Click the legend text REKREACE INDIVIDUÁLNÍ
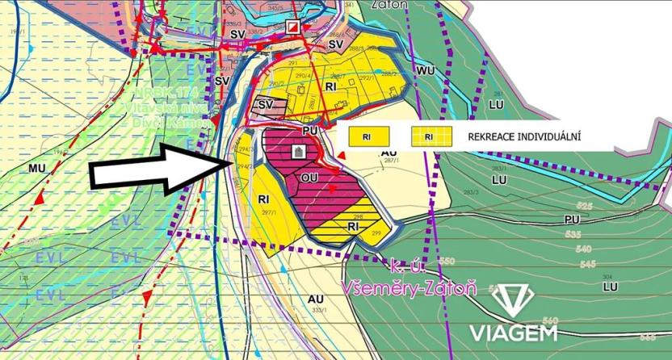525,137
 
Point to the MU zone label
36,169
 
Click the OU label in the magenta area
309,175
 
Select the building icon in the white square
296,151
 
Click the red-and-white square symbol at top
293,27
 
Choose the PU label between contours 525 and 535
573,220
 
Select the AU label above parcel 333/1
316,297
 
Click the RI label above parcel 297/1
263,199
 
